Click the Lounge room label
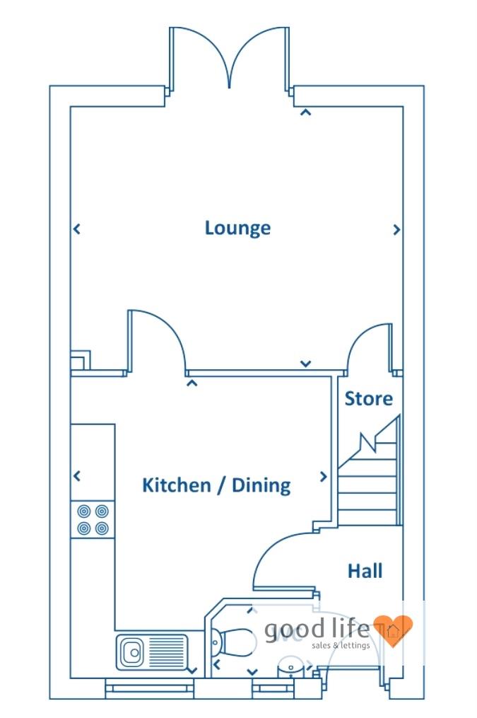[x=237, y=228]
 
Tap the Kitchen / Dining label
[x=216, y=485]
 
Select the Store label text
[x=368, y=399]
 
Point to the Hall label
[x=365, y=570]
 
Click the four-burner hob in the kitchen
[x=93, y=519]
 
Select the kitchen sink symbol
[x=151, y=651]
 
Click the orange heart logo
[x=392, y=630]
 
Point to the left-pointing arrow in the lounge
[x=76, y=229]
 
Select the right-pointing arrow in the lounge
[x=396, y=229]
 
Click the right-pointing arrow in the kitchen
[x=324, y=477]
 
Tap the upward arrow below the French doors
[x=305, y=111]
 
